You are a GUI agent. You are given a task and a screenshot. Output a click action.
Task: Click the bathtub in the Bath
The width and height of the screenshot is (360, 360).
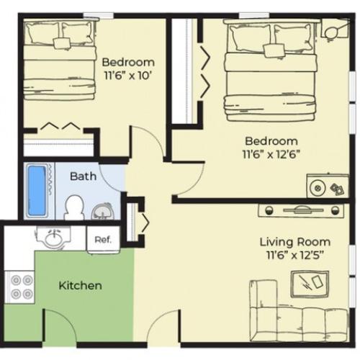click(35, 191)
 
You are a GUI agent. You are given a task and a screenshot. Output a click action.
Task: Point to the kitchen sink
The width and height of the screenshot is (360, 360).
click(53, 237)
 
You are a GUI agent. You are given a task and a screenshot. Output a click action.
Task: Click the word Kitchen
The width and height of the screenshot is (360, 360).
click(80, 286)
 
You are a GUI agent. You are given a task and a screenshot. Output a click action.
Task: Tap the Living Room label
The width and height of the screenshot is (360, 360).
click(295, 242)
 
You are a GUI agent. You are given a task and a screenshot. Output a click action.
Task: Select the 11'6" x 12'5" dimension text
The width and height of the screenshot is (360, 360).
click(296, 256)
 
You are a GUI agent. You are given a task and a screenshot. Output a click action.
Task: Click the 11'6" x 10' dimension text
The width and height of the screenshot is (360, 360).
click(128, 75)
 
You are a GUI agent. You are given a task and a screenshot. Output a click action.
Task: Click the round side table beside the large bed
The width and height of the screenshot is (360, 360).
click(333, 32)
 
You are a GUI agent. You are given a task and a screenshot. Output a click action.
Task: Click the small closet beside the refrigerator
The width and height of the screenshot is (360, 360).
click(133, 221)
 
